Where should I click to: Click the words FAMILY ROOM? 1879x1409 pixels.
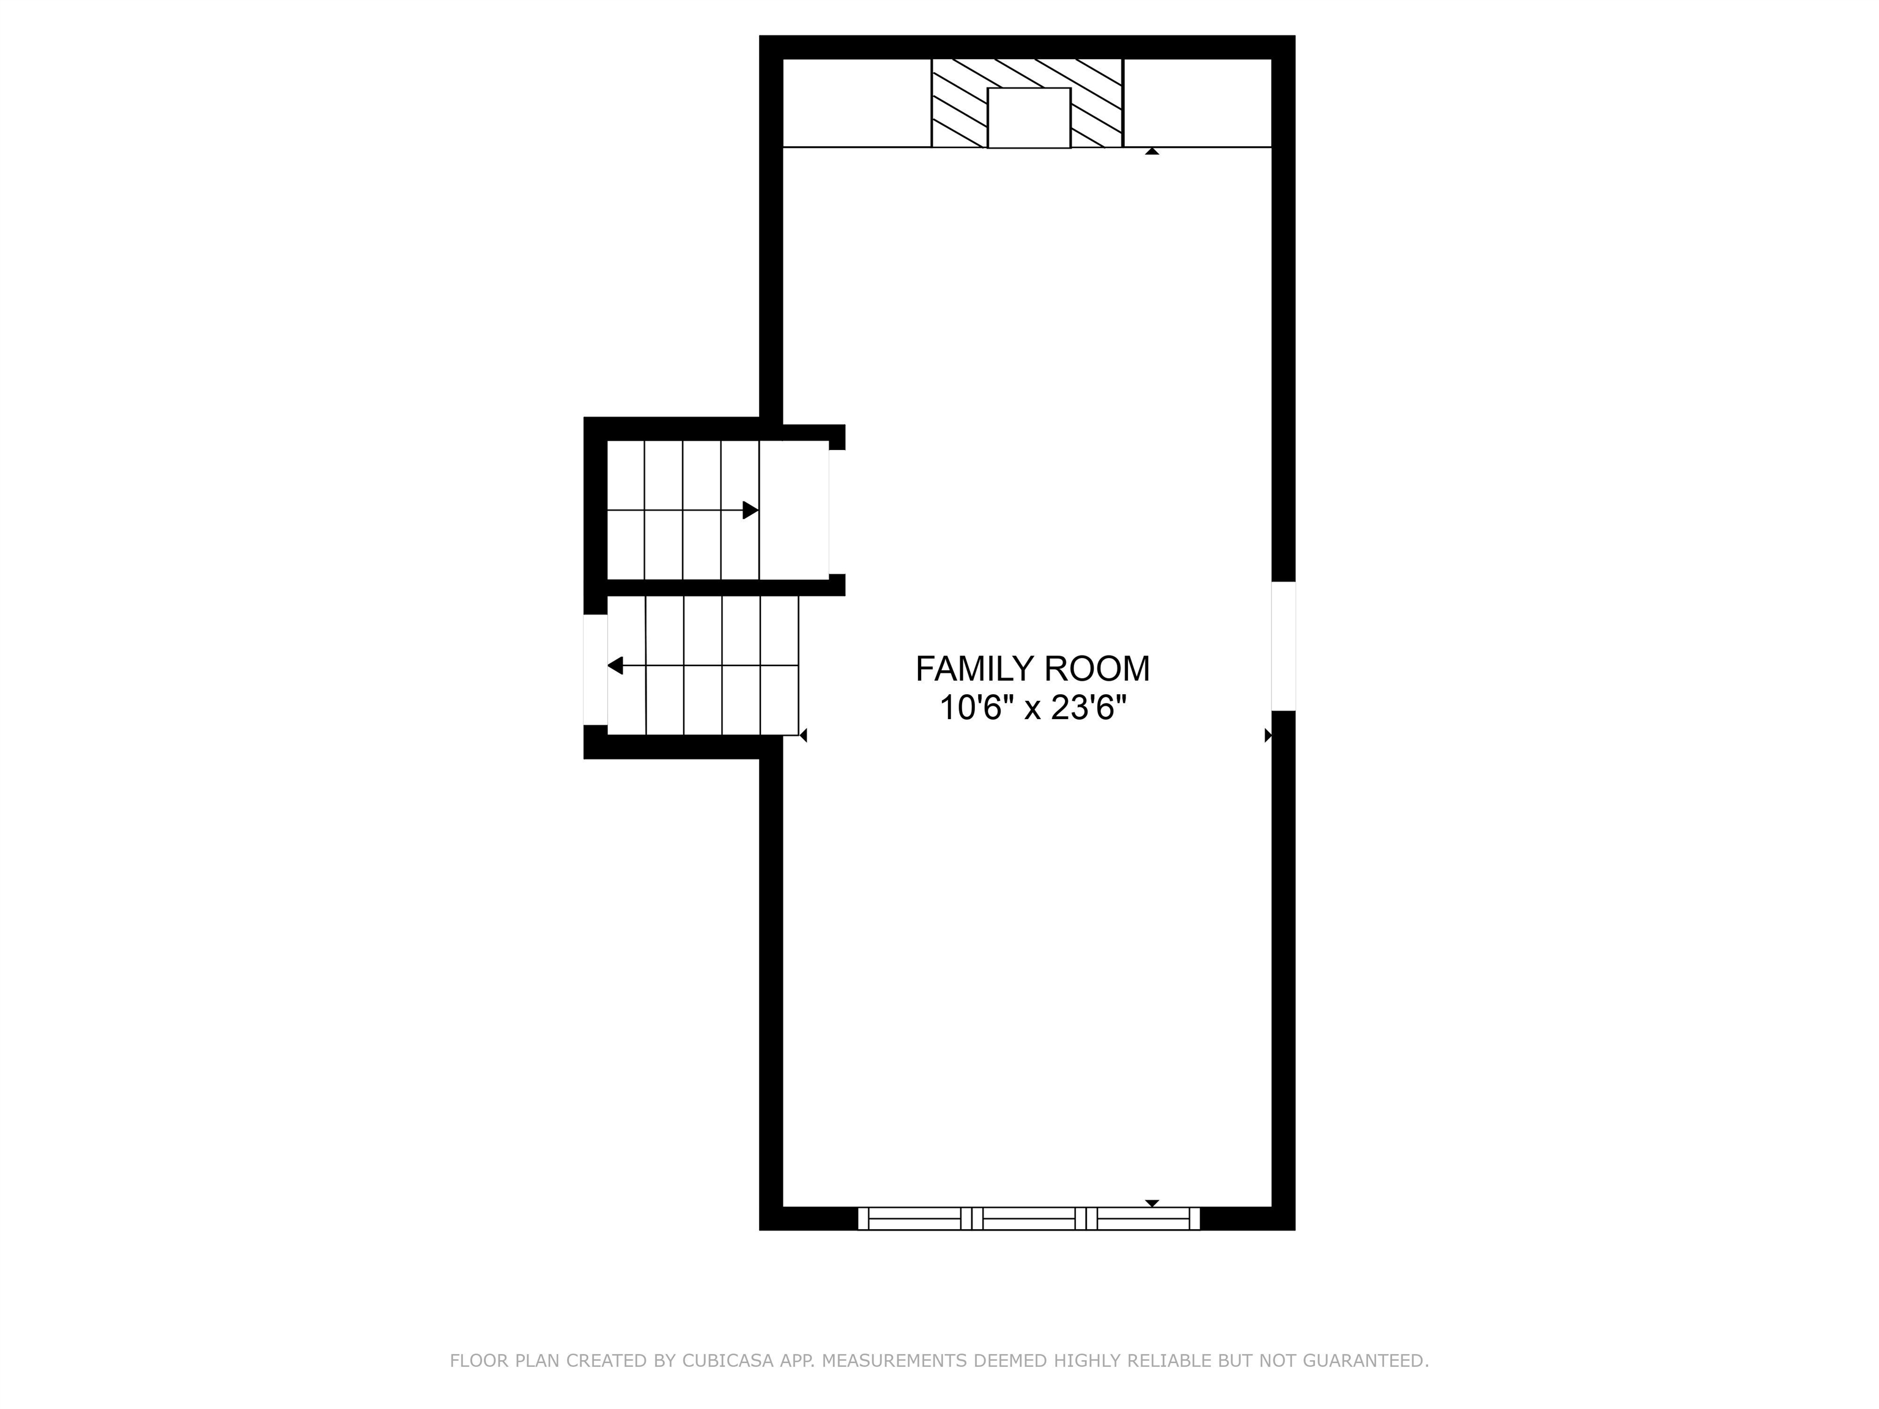point(1032,669)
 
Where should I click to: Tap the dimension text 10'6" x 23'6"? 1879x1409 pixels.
point(1032,708)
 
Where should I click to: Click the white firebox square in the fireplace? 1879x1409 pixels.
point(1029,118)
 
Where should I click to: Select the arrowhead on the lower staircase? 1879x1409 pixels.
point(615,666)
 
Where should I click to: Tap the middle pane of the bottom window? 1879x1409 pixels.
point(1029,1219)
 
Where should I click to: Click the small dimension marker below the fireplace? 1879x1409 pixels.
point(1152,151)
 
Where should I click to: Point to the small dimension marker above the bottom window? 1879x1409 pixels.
point(1152,1204)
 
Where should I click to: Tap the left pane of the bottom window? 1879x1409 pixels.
point(915,1219)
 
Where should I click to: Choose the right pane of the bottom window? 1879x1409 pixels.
point(1143,1219)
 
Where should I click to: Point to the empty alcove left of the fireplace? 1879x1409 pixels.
point(857,103)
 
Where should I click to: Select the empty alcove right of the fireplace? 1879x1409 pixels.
point(1198,103)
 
